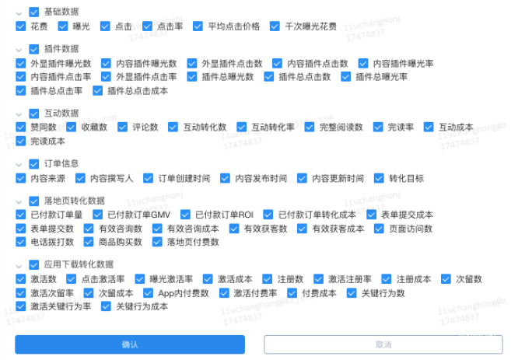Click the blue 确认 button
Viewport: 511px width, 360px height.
tap(130, 344)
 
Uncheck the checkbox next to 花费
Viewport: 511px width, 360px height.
tap(21, 26)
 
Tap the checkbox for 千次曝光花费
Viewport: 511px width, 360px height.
tap(275, 26)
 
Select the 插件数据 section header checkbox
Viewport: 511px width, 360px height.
tap(34, 49)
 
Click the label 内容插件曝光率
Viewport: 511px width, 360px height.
tap(403, 63)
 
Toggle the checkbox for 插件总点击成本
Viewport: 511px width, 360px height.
tap(97, 91)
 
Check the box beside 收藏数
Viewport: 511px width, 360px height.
tap(71, 128)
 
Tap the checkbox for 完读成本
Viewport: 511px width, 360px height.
tap(21, 142)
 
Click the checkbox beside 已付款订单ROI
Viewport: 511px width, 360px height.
tap(185, 215)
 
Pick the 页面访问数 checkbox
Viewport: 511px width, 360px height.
tap(379, 229)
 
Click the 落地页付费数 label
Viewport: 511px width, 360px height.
tap(193, 243)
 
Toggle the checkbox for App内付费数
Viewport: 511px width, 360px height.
tap(148, 293)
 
